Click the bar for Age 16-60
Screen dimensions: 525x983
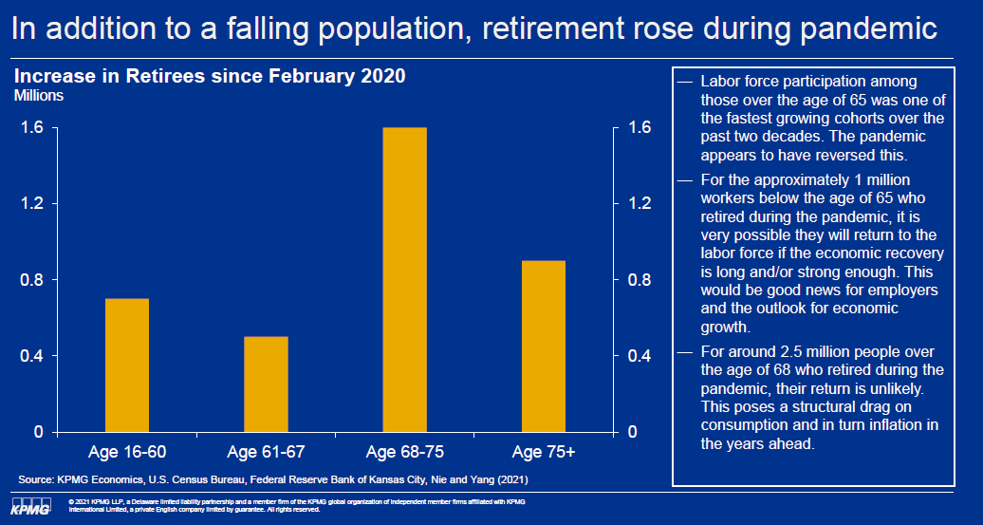[127, 366]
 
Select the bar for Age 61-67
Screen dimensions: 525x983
[266, 384]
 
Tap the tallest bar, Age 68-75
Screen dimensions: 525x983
[405, 280]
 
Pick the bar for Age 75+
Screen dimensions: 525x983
[544, 347]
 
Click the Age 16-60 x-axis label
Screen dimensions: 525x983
[127, 451]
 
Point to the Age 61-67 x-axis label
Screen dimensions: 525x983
[266, 451]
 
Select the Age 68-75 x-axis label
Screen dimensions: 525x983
[405, 451]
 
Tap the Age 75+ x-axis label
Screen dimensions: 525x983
[544, 451]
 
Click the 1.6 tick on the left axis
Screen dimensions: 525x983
[33, 128]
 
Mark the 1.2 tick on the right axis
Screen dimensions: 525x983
[640, 204]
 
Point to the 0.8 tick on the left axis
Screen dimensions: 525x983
[33, 280]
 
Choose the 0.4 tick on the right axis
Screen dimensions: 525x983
[640, 356]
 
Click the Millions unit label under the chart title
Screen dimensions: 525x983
[38, 96]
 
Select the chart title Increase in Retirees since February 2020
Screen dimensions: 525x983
[210, 76]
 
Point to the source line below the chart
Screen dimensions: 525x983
[273, 478]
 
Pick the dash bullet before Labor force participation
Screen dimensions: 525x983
[685, 83]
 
